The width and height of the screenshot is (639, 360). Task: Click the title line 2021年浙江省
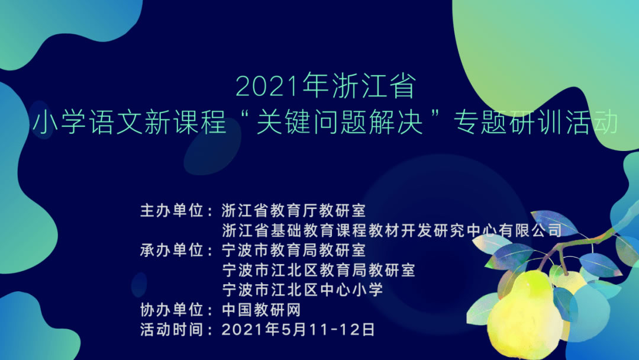(326, 86)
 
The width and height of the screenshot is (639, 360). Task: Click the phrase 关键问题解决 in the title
(340, 123)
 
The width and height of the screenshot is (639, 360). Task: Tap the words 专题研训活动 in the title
(535, 123)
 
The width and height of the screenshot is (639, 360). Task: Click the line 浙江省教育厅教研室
(294, 210)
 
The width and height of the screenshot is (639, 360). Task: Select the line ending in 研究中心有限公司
(391, 230)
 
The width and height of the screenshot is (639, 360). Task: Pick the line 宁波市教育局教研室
(294, 250)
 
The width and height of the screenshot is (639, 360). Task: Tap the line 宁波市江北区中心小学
(302, 290)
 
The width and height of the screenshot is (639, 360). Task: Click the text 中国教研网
(262, 310)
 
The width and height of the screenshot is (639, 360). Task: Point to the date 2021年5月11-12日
(298, 330)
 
